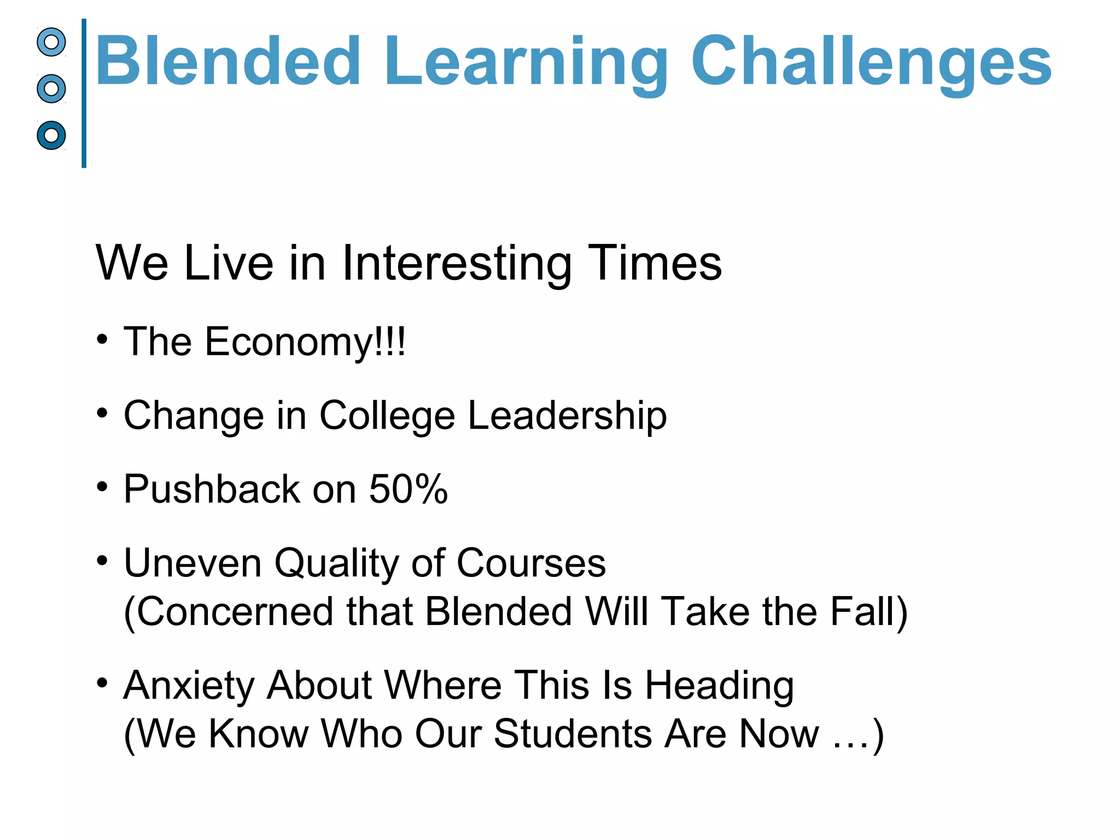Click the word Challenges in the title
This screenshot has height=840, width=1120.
coord(871,61)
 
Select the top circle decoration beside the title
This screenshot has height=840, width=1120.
coord(51,42)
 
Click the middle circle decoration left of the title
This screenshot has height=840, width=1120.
coord(51,89)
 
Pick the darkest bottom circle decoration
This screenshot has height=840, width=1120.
coord(51,135)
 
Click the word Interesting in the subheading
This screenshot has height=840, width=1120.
coord(456,264)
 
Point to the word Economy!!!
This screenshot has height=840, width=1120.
coord(305,342)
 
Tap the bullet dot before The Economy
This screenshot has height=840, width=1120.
coord(102,340)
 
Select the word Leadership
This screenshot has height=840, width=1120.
coord(567,416)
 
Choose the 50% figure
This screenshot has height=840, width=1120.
coord(408,488)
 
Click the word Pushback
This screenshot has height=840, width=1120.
coord(212,488)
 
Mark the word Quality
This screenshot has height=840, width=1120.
coord(336,563)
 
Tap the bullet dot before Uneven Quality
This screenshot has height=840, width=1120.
coord(102,561)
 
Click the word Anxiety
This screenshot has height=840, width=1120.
coord(189,686)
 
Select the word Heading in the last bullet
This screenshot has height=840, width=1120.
coord(719,686)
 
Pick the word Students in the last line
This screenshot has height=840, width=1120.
coord(573,734)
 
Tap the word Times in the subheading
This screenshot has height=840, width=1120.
coord(654,264)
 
